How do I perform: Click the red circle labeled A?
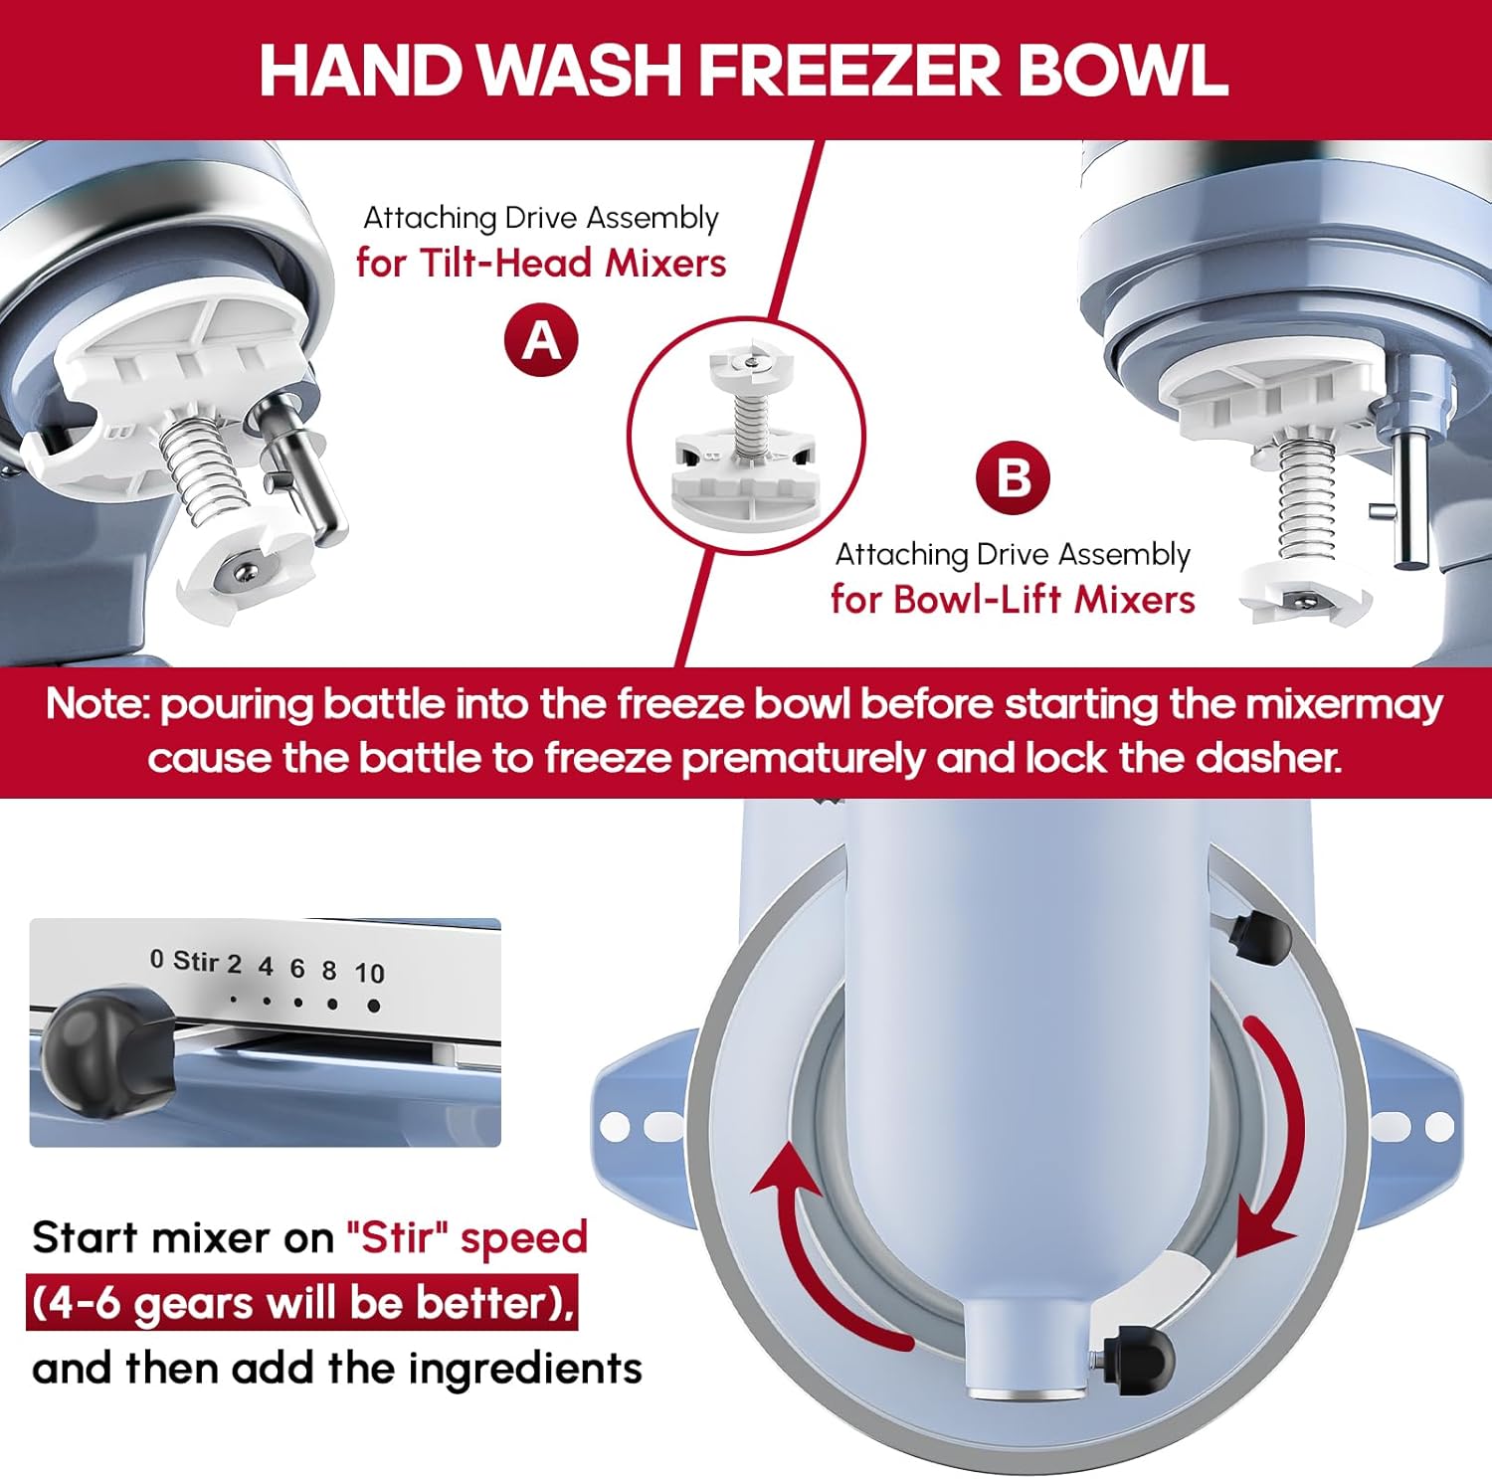point(541,340)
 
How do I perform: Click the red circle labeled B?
point(1014,477)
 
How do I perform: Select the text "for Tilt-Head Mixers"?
point(541,263)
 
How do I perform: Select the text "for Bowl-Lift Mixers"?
point(1013,599)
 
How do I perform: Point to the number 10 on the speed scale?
point(369,973)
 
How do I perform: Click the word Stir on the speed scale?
point(195,961)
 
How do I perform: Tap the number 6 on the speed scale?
point(297,968)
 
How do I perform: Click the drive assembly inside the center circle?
point(745,434)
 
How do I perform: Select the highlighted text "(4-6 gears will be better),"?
point(301,1303)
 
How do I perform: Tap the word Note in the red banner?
point(97,704)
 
